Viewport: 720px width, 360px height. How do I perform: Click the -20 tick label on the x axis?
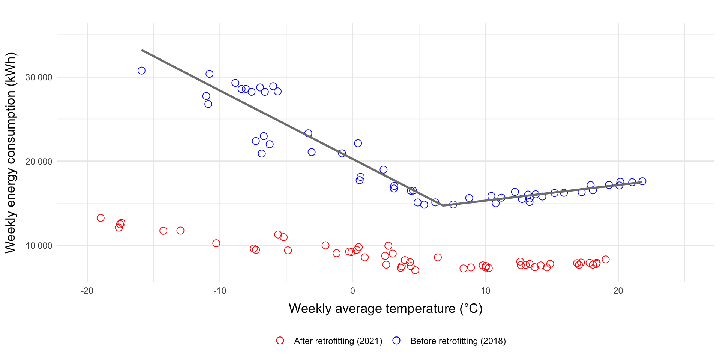[87, 291]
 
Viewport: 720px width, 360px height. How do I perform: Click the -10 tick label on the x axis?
[220, 291]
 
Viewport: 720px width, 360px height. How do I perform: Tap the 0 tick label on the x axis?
[352, 291]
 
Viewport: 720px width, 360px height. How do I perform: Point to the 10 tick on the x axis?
[485, 291]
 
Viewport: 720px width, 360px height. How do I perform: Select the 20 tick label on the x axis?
[618, 291]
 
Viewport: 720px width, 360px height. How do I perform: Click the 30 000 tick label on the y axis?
[39, 77]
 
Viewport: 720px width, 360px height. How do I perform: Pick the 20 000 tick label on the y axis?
[39, 162]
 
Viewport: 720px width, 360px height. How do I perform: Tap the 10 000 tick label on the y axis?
[39, 246]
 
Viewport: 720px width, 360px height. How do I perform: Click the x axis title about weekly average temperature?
[385, 309]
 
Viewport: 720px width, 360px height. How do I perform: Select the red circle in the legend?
[280, 340]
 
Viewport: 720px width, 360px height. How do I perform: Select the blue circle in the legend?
[396, 340]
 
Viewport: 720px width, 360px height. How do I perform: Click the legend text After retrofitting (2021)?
[338, 341]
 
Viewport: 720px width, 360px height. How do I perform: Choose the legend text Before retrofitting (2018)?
[458, 341]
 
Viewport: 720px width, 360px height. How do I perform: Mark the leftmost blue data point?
[141, 70]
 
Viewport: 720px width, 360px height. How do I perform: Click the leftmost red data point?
[100, 218]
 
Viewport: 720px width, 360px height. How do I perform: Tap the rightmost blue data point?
[642, 181]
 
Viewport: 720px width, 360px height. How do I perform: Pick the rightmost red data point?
[606, 259]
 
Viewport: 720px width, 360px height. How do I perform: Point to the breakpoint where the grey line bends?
[443, 205]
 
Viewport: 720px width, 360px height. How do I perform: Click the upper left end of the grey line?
[142, 50]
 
